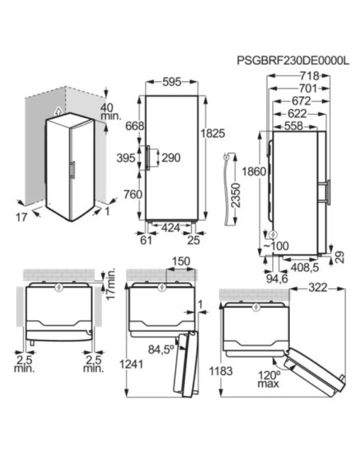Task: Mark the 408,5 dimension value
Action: pos(305,268)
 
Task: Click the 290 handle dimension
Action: pos(170,158)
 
